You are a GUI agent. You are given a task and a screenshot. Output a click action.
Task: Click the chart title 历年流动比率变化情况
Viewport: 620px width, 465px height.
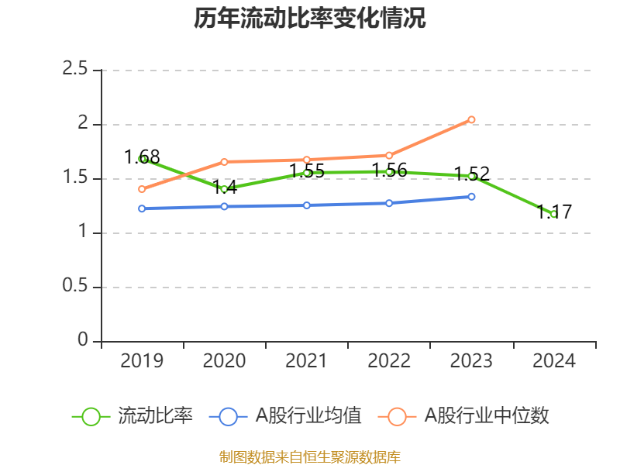(x=310, y=19)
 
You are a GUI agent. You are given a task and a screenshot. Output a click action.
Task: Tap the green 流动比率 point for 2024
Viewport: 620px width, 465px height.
(x=553, y=214)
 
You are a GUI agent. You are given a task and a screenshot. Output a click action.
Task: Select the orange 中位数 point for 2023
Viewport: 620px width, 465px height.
(x=471, y=119)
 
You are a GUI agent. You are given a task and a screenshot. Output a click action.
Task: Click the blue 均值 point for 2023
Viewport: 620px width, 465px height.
(x=471, y=196)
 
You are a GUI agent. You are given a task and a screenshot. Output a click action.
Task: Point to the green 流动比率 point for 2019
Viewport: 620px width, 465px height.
(x=143, y=158)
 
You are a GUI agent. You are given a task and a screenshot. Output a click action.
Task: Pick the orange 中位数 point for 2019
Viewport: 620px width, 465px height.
(x=142, y=189)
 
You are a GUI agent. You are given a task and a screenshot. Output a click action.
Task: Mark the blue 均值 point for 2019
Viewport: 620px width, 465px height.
(x=142, y=208)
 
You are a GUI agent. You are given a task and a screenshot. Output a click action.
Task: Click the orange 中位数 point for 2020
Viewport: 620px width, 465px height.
(x=224, y=161)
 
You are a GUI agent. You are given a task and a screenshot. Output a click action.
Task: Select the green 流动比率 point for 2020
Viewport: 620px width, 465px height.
(x=224, y=189)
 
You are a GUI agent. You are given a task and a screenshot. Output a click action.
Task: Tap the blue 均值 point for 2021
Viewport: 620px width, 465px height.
(x=307, y=205)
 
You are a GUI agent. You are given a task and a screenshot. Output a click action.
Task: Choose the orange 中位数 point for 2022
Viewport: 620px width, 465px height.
(x=389, y=155)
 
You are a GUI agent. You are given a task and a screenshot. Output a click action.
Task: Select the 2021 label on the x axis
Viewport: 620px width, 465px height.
(x=307, y=361)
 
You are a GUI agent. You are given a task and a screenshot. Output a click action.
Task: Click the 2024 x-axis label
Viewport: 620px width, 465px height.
(x=553, y=361)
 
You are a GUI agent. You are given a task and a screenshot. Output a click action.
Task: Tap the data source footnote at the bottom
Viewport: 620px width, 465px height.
(x=310, y=456)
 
